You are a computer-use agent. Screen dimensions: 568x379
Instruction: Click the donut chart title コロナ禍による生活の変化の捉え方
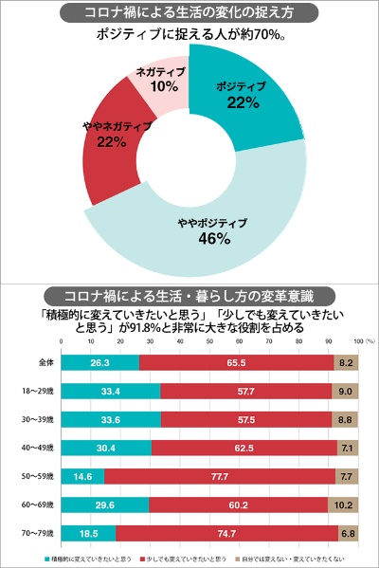pyautogui.click(x=189, y=13)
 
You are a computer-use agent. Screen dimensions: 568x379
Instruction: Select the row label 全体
pyautogui.click(x=31, y=361)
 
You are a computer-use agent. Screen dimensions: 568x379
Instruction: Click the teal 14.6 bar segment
pyautogui.click(x=82, y=475)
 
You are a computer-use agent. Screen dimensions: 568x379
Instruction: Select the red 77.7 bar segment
pyautogui.click(x=220, y=475)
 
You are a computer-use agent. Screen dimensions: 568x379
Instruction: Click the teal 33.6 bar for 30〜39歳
pyautogui.click(x=110, y=418)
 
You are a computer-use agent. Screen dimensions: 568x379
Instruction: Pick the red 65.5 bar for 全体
pyautogui.click(x=237, y=361)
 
